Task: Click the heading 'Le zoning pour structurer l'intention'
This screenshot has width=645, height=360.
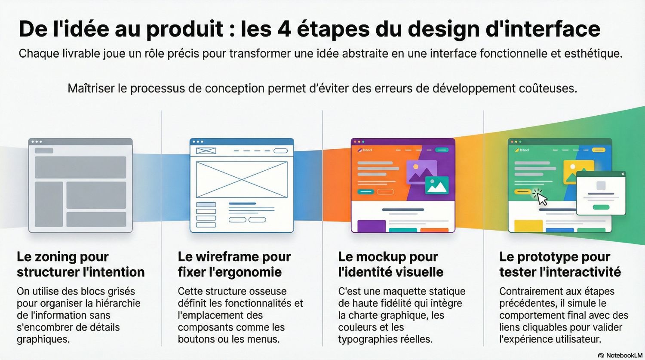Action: point(80,264)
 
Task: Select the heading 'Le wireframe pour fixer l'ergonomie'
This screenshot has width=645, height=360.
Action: point(234,264)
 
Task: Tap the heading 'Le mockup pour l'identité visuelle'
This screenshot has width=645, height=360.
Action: point(390,264)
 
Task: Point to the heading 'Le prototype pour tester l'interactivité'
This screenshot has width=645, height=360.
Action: point(560,264)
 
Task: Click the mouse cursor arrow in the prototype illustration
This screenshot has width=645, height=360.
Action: point(542,199)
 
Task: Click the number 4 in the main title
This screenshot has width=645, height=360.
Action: point(284,29)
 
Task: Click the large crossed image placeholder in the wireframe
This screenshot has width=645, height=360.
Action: point(242,179)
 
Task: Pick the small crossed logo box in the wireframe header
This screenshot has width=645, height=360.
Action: point(206,151)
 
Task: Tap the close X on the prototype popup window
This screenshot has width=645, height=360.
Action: point(623,174)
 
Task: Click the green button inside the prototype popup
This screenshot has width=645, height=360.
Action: point(601,207)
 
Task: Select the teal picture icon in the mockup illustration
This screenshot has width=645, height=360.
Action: point(437,185)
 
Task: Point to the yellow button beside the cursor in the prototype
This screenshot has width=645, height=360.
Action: point(523,192)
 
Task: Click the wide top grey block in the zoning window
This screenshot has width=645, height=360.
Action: point(80,167)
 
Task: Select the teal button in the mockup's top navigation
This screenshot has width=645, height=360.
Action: point(442,150)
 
